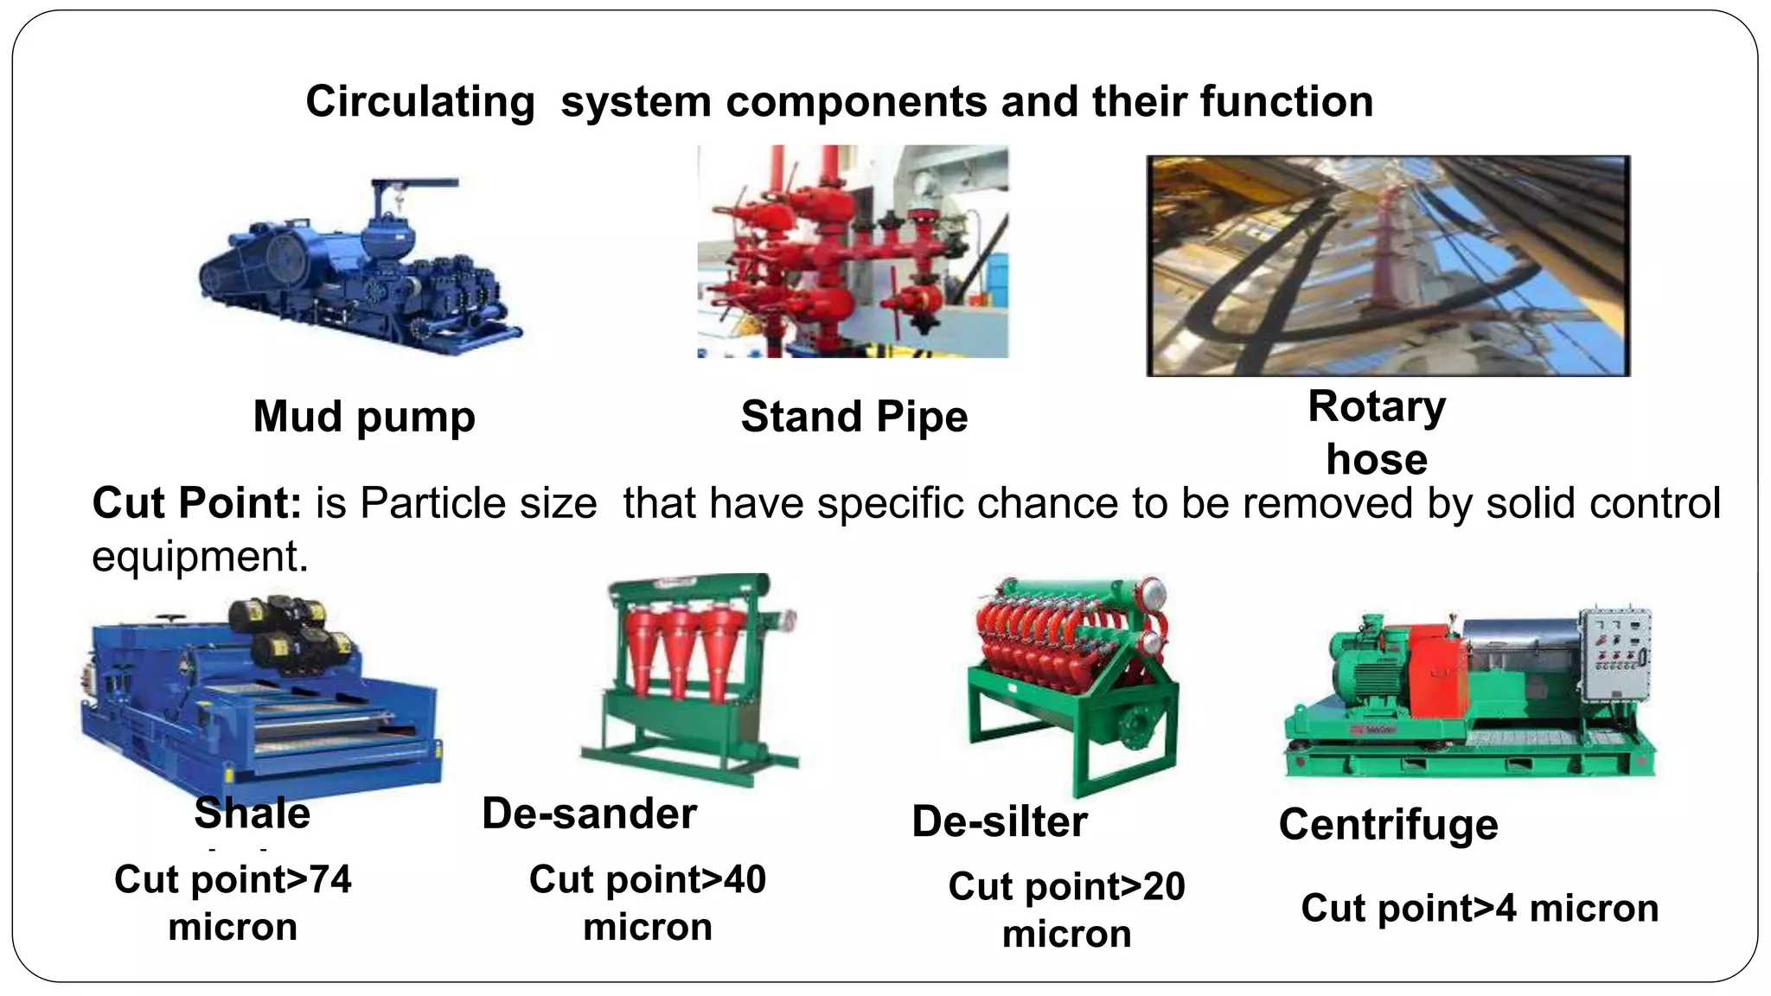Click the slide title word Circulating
420,102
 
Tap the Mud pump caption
364,417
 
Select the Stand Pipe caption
854,417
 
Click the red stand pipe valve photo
853,251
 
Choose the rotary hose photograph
1388,265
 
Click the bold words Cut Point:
196,503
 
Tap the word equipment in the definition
200,556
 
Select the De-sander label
589,814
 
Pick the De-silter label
1000,821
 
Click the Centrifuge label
1388,824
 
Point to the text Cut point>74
233,880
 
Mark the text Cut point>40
648,880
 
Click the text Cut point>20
1066,887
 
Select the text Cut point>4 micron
1480,909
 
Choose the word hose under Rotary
1377,459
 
